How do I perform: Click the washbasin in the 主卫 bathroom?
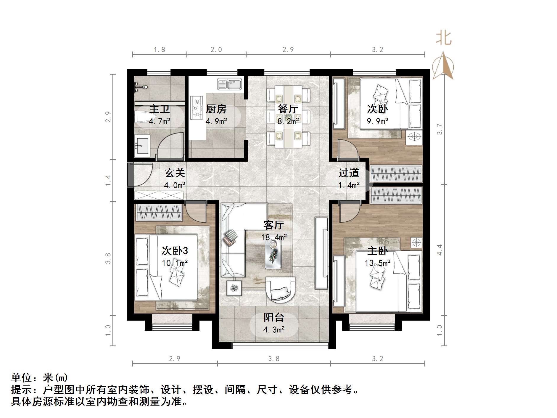142,145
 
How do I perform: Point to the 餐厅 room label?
288,109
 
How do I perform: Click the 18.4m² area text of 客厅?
274,237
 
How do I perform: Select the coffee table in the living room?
273,254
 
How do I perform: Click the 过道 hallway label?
349,173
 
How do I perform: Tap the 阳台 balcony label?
274,317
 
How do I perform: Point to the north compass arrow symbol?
443,66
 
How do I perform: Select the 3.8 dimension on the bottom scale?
274,359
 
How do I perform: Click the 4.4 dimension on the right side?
440,250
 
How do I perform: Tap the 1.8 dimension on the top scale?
159,50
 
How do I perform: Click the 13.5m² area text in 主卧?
377,263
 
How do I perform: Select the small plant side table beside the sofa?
234,288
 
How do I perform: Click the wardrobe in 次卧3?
159,212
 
